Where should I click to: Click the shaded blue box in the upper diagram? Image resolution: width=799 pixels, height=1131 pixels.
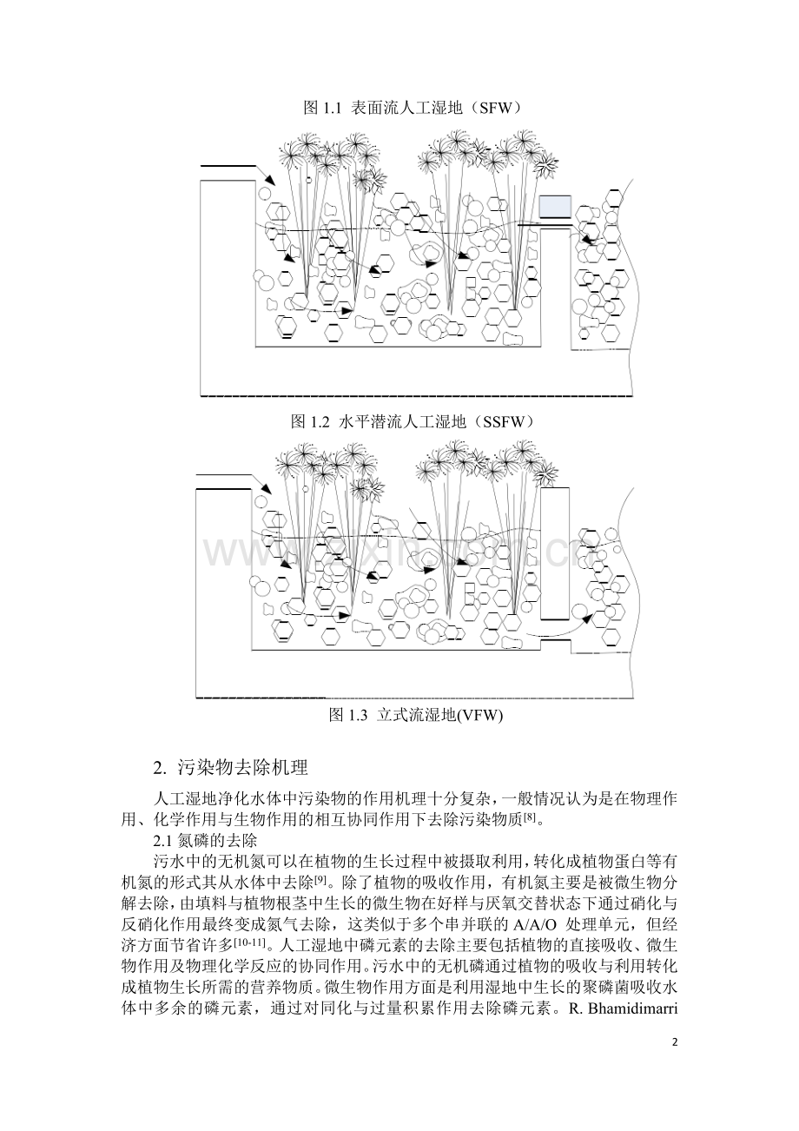coord(554,206)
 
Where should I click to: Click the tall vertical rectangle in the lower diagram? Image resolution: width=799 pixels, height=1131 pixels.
coord(554,553)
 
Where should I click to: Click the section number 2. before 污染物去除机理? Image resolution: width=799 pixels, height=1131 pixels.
coord(159,769)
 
